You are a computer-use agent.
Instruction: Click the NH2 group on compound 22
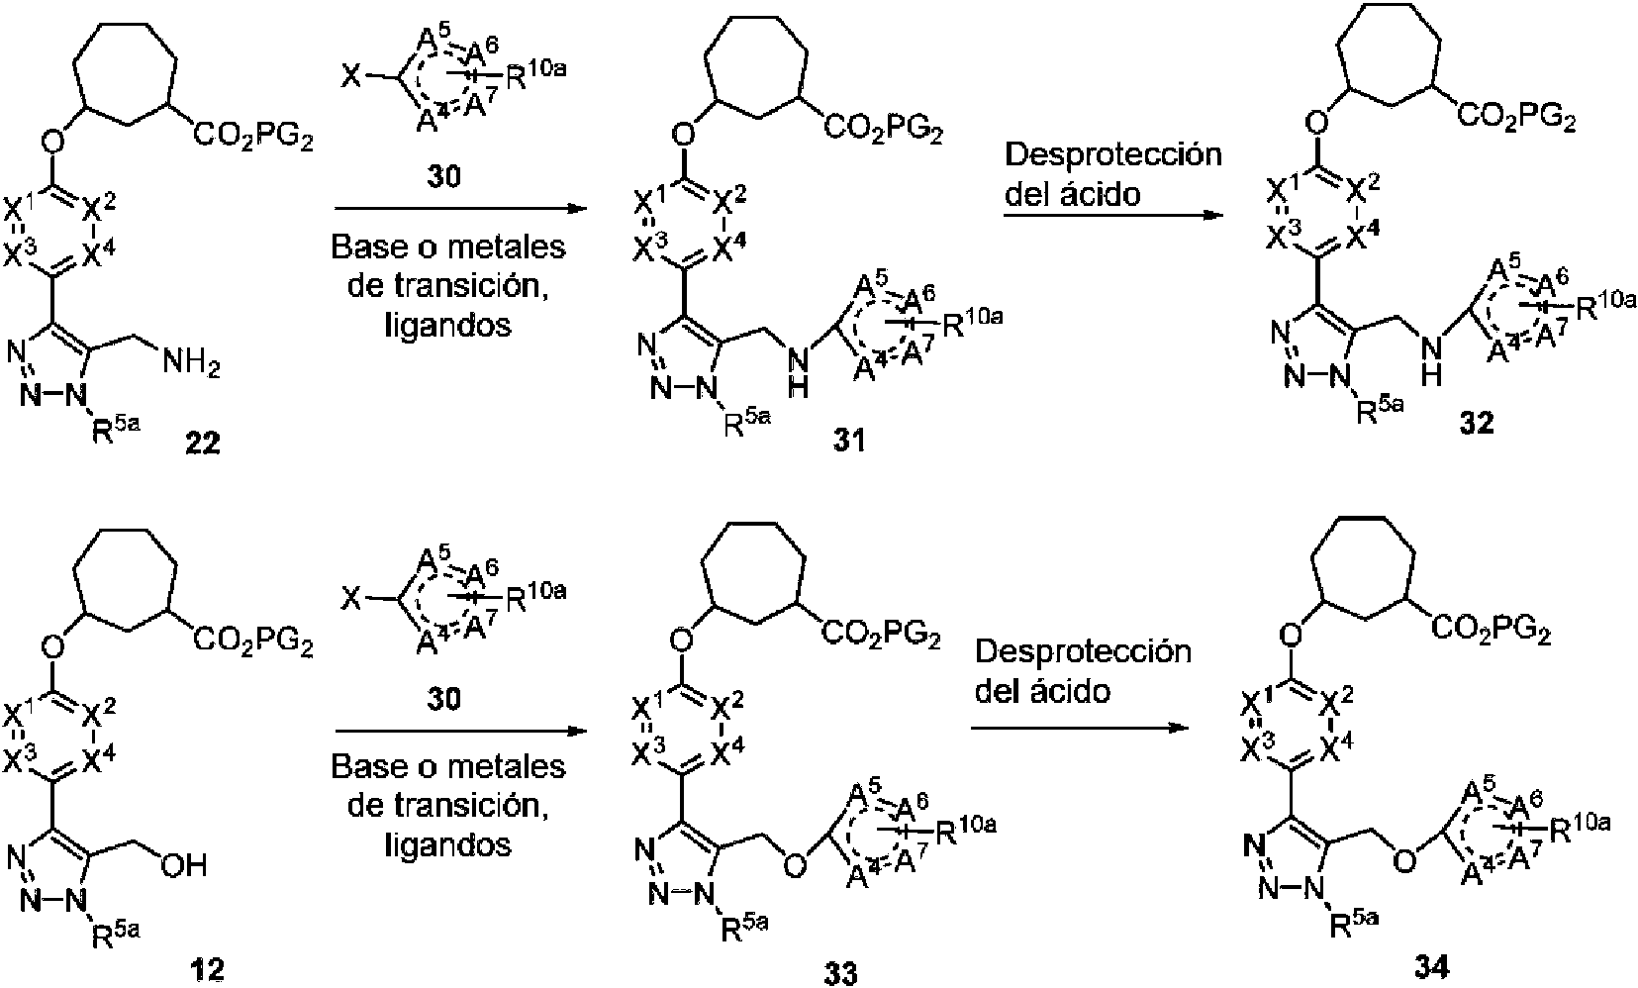point(190,368)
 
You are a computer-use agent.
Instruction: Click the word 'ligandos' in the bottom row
point(448,843)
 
